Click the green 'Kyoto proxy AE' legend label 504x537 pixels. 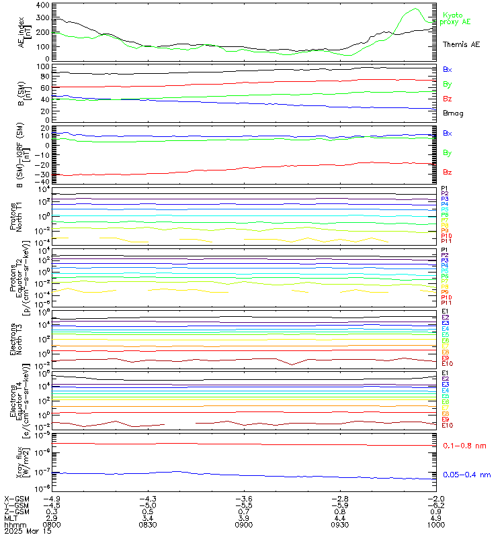456,18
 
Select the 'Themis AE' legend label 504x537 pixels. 461,44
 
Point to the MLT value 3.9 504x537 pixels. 243,518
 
